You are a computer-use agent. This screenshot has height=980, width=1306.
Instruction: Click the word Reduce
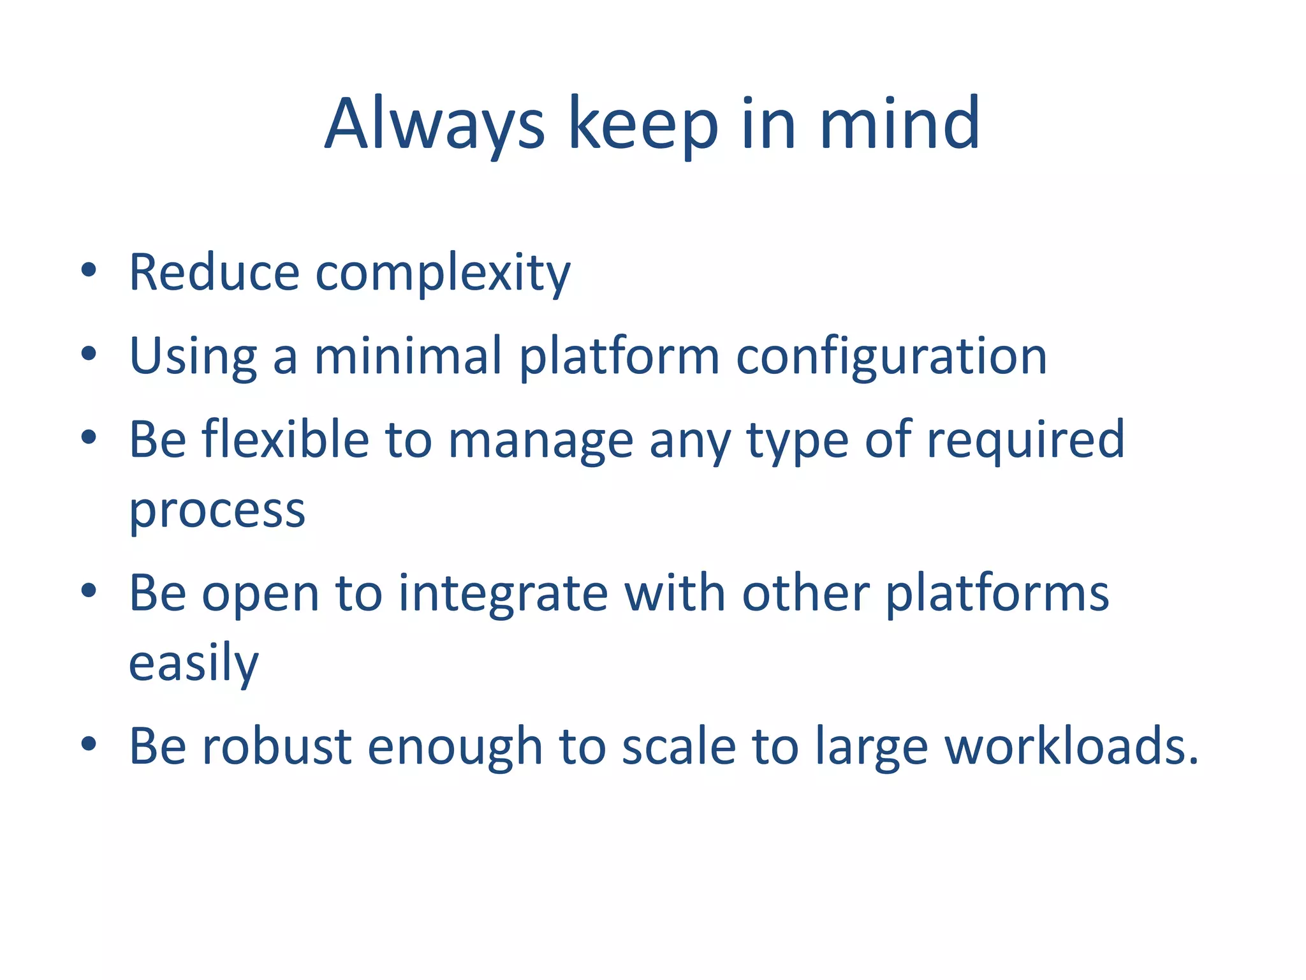pyautogui.click(x=214, y=272)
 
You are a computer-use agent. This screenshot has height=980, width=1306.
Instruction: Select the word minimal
pyautogui.click(x=408, y=355)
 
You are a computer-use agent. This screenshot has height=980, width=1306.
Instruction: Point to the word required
pyautogui.click(x=1025, y=440)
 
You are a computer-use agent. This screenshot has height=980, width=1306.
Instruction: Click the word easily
pyautogui.click(x=193, y=664)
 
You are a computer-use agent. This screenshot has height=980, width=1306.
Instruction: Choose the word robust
pyautogui.click(x=277, y=746)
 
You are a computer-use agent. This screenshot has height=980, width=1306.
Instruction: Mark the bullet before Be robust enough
pyautogui.click(x=89, y=743)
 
